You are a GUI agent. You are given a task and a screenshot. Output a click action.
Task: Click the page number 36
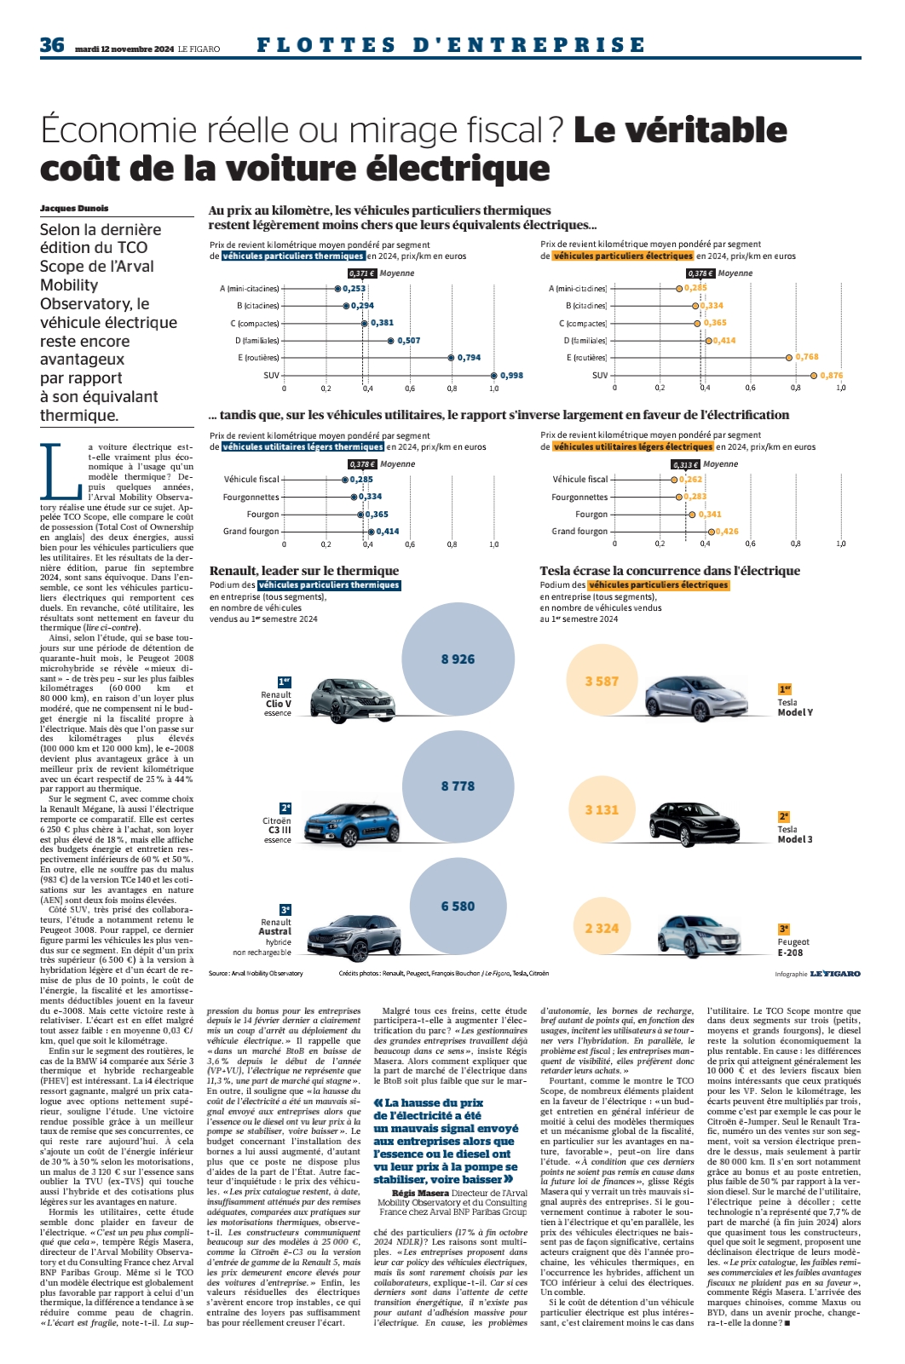click(x=52, y=45)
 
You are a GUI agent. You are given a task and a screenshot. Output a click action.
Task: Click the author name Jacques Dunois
click(x=74, y=208)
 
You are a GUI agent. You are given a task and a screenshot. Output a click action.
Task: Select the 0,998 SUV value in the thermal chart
click(x=511, y=375)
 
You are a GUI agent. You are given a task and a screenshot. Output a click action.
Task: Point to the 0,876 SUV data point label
click(x=832, y=375)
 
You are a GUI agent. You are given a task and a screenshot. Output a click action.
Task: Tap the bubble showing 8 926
click(x=458, y=659)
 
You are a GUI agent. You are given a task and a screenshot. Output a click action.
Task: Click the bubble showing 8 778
click(x=458, y=786)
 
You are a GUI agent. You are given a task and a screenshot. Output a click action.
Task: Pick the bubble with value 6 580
click(x=458, y=906)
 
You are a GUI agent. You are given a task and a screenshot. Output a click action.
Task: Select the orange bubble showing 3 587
click(x=602, y=681)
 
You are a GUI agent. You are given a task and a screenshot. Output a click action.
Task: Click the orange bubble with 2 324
click(x=602, y=928)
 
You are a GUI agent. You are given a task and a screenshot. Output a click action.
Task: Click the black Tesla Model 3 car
click(x=695, y=823)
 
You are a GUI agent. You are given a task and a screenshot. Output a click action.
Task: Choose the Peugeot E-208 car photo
click(x=700, y=935)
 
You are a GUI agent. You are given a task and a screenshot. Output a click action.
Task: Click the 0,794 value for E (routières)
click(x=469, y=358)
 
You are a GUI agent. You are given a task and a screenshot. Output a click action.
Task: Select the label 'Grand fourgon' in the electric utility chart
click(x=579, y=531)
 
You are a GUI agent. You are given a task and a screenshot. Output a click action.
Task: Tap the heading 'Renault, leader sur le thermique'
click(x=304, y=571)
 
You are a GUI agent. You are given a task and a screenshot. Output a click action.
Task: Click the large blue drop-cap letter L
click(x=61, y=469)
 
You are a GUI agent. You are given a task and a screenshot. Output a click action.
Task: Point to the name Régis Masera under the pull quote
click(x=420, y=1193)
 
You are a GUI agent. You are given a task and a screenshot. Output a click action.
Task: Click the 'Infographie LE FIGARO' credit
click(x=817, y=974)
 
